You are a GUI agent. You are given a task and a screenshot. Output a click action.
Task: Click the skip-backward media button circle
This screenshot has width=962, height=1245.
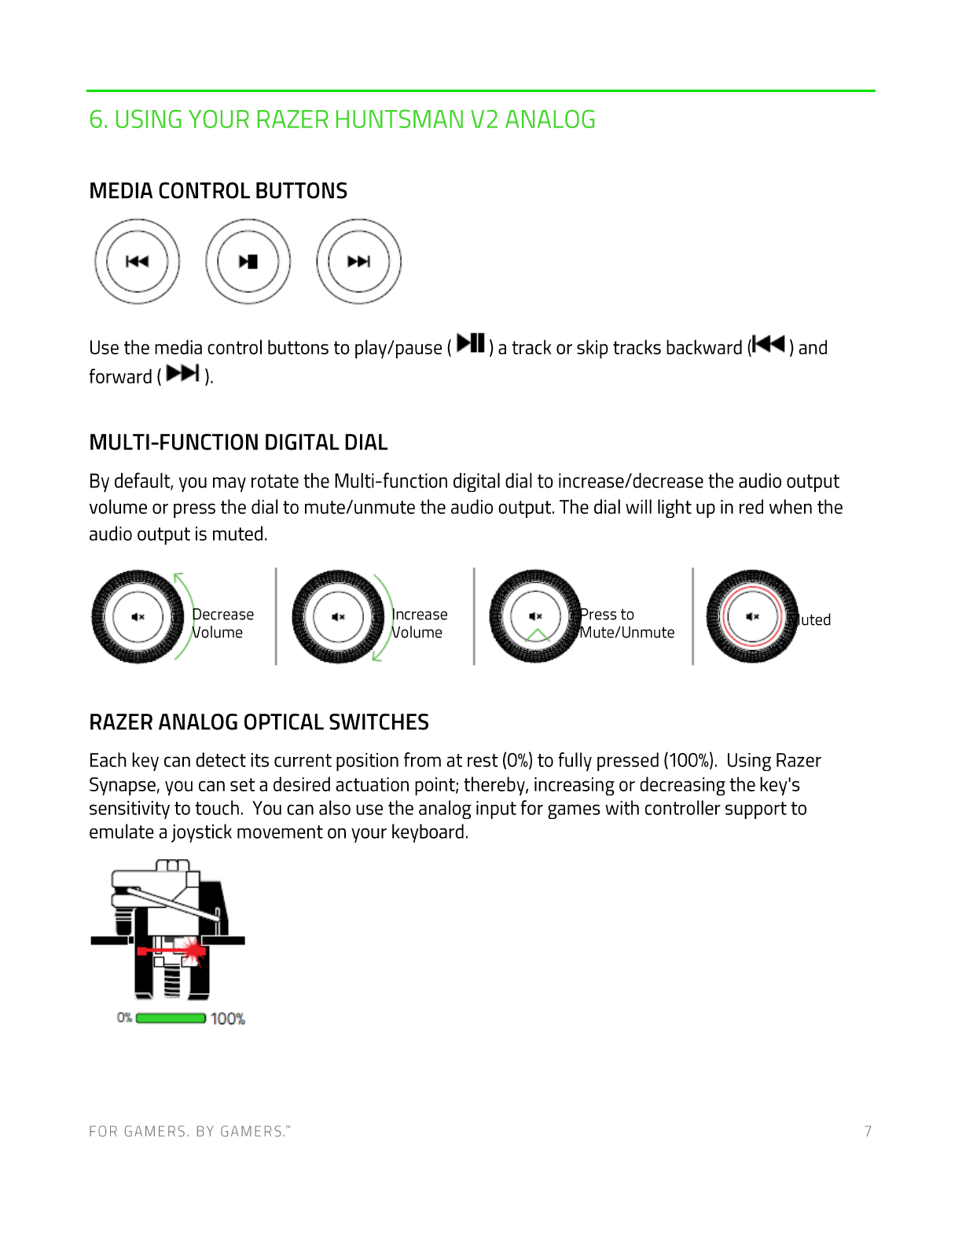[138, 262]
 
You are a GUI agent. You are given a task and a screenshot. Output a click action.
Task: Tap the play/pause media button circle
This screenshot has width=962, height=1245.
[248, 262]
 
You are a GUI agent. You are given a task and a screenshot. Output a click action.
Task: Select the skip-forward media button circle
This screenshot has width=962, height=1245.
[359, 262]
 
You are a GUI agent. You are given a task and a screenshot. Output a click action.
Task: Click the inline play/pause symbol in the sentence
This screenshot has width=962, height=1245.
[471, 343]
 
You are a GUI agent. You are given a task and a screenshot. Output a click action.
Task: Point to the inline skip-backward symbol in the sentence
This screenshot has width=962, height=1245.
[768, 344]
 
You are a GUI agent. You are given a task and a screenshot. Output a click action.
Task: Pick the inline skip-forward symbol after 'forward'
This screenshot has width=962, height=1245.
[183, 373]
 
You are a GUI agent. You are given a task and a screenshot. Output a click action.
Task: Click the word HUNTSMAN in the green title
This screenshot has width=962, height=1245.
[399, 119]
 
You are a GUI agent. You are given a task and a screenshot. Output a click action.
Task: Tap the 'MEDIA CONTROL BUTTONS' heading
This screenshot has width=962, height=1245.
[218, 191]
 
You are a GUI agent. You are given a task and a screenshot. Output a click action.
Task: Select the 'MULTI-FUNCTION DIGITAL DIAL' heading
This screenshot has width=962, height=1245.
[238, 443]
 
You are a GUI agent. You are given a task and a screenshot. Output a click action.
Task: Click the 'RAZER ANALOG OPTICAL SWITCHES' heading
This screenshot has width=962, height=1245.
[259, 722]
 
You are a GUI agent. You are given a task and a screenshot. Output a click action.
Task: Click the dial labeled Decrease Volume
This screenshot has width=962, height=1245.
[138, 617]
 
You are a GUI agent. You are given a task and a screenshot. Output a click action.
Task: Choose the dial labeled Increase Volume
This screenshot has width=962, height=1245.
[339, 617]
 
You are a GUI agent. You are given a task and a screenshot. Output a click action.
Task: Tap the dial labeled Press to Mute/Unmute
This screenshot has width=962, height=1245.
[536, 617]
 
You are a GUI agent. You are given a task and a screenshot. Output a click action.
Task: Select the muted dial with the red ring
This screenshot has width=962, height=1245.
[752, 617]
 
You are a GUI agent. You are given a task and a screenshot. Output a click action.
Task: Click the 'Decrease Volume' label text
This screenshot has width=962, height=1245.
[222, 623]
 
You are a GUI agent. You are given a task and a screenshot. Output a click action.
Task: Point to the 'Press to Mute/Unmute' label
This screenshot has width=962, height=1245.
[626, 623]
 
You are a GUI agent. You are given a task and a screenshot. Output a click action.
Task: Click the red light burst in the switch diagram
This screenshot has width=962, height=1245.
[192, 949]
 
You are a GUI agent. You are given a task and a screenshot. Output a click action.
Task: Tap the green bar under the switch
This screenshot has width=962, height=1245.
[171, 1019]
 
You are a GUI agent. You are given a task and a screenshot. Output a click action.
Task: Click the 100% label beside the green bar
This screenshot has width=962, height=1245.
[228, 1019]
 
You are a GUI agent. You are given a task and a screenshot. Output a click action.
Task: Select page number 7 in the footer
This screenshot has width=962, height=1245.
[868, 1131]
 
